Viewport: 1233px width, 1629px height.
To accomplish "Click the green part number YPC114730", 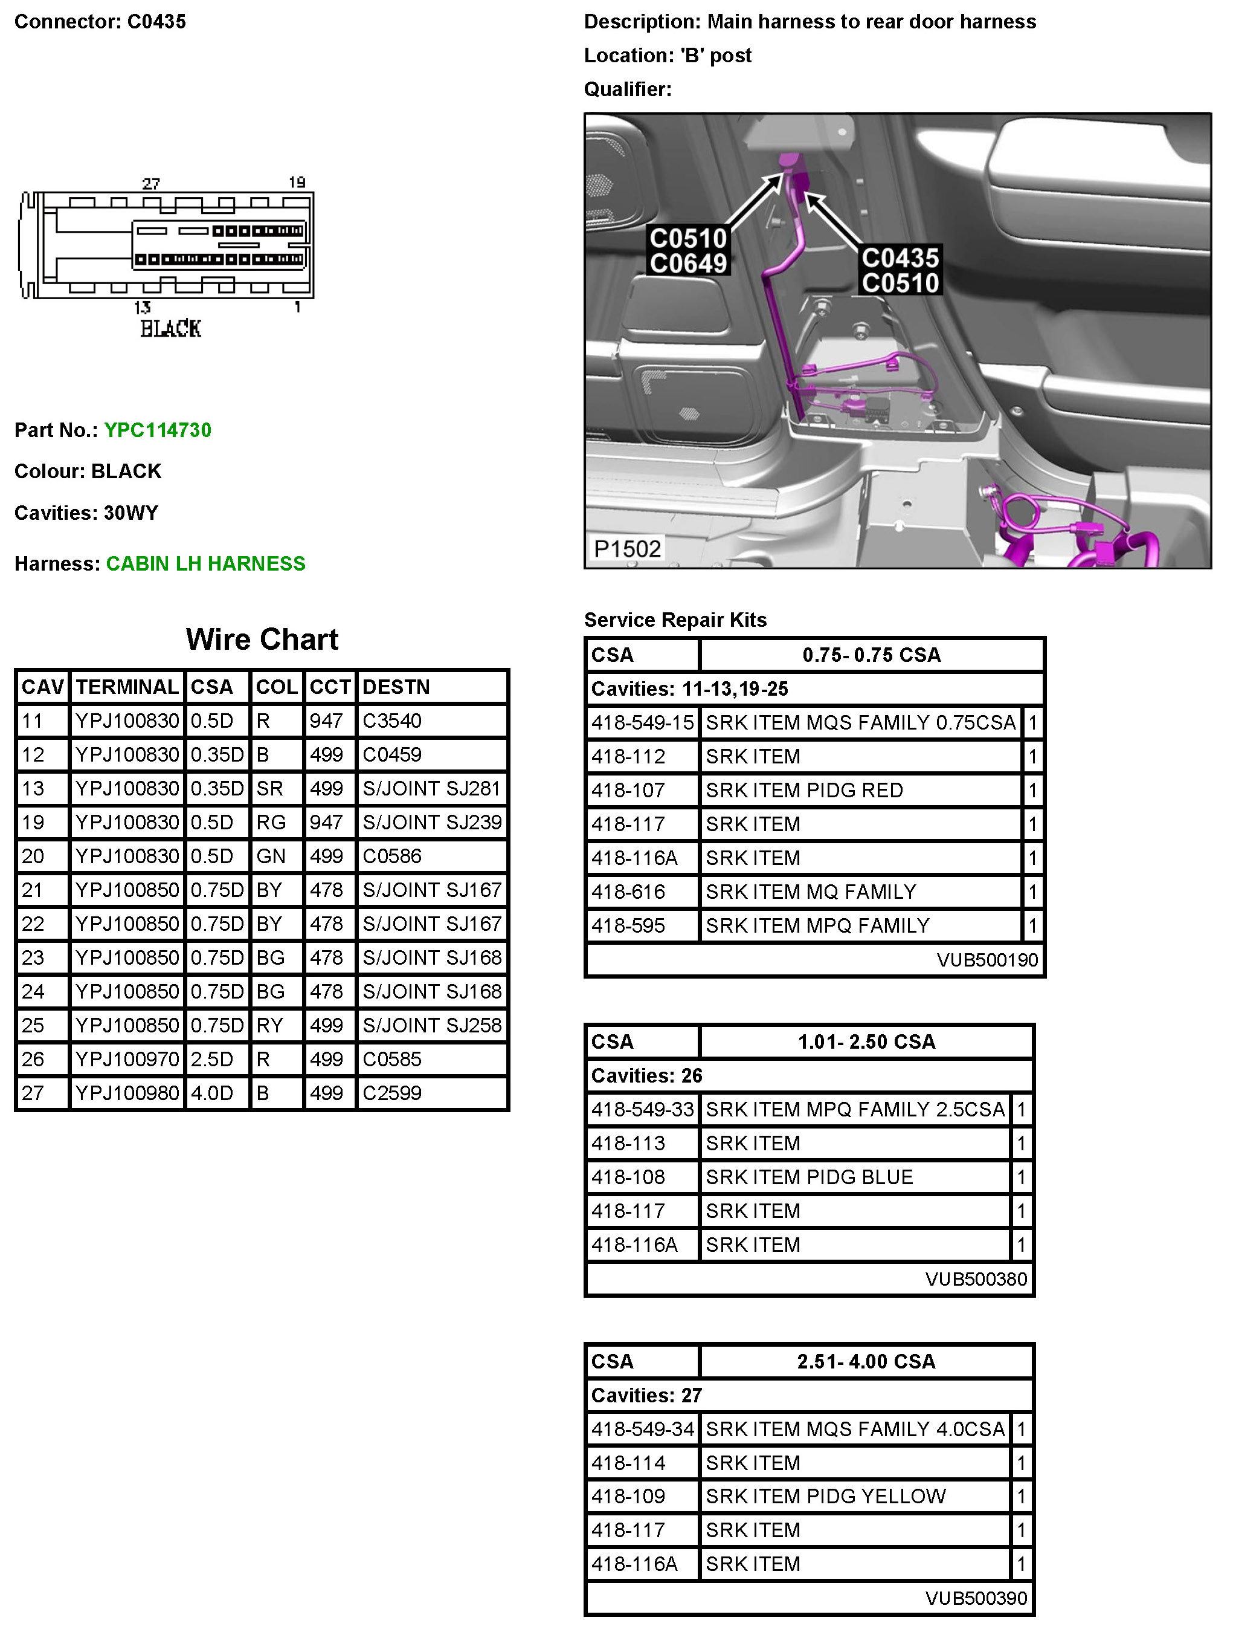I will point(158,430).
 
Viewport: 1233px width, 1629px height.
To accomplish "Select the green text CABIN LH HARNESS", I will point(205,563).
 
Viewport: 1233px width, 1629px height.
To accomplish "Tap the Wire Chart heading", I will point(262,640).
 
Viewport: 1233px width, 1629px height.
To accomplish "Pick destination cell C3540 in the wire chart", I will point(391,721).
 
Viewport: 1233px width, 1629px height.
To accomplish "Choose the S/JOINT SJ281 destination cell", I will point(431,789).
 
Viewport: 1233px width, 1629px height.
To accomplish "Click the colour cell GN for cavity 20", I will point(270,857).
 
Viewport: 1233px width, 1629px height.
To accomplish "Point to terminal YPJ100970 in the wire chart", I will point(127,1060).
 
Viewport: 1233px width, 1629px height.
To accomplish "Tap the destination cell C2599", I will point(391,1093).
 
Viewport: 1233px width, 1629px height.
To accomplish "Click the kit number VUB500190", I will point(987,960).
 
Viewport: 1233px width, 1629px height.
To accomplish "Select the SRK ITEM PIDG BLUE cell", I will point(809,1177).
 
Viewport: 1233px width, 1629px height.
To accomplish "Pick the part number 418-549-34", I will point(643,1430).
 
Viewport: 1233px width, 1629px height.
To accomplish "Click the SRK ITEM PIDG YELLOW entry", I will point(825,1497).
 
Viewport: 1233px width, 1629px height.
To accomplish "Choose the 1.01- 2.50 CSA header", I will point(866,1042).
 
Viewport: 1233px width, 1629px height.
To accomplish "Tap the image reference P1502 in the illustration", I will point(627,549).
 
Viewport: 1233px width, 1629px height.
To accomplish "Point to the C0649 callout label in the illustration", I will point(688,264).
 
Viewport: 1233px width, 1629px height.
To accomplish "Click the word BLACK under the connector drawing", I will point(171,328).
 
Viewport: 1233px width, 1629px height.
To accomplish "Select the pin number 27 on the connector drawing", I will point(151,183).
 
